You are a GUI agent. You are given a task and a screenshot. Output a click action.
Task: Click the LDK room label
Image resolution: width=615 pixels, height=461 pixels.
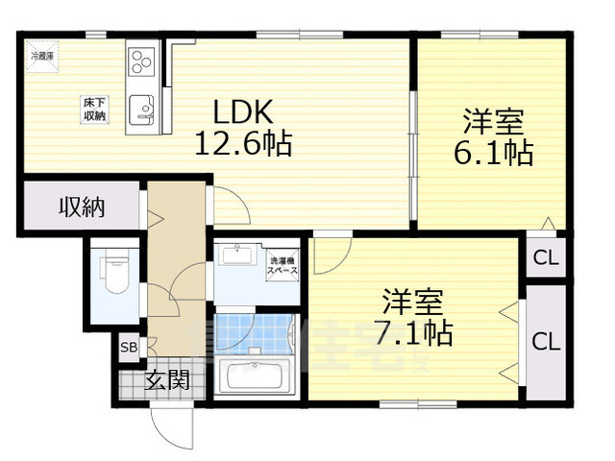pos(244,113)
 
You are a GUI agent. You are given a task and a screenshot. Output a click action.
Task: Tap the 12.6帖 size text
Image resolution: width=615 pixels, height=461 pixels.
pos(244,145)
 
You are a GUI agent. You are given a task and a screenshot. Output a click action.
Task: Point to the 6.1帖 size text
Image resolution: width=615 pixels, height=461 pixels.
pos(492,153)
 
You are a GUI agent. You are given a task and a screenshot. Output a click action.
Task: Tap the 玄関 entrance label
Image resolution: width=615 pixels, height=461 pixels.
pos(167,380)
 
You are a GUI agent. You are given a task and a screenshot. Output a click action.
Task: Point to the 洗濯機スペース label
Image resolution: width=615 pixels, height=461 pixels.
pos(283,266)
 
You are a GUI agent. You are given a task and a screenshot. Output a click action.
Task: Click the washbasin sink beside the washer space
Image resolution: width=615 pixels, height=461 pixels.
pos(235,256)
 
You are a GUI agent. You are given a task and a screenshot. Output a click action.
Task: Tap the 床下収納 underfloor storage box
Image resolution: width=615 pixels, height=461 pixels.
pos(93,109)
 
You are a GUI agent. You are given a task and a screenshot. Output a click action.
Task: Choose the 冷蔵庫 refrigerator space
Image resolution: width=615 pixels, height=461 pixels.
pos(42,56)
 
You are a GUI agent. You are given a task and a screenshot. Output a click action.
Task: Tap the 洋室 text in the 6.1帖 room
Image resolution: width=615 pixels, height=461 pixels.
pos(492,121)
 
